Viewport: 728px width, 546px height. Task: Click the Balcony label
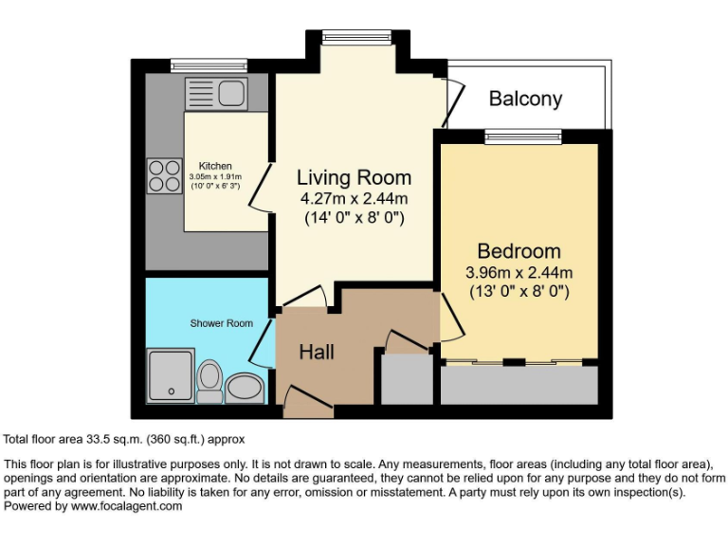pyautogui.click(x=525, y=99)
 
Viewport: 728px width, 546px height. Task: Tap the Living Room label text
pyautogui.click(x=354, y=177)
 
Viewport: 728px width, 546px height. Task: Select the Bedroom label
pyautogui.click(x=519, y=251)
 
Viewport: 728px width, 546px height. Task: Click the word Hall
pyautogui.click(x=317, y=352)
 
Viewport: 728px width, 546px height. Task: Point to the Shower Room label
pyautogui.click(x=221, y=323)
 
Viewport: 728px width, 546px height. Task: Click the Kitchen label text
pyautogui.click(x=214, y=166)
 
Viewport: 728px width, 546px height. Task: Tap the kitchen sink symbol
pyautogui.click(x=216, y=94)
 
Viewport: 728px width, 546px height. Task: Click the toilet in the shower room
pyautogui.click(x=209, y=376)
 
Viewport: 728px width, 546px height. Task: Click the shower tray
pyautogui.click(x=171, y=374)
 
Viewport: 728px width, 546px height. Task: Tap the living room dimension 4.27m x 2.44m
pyautogui.click(x=354, y=199)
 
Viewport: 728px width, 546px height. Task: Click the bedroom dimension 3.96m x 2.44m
pyautogui.click(x=519, y=272)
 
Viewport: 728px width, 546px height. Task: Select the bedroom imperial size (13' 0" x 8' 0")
pyautogui.click(x=519, y=292)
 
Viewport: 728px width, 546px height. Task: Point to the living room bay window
pyautogui.click(x=350, y=37)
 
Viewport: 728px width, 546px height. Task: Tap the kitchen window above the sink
pyautogui.click(x=196, y=66)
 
